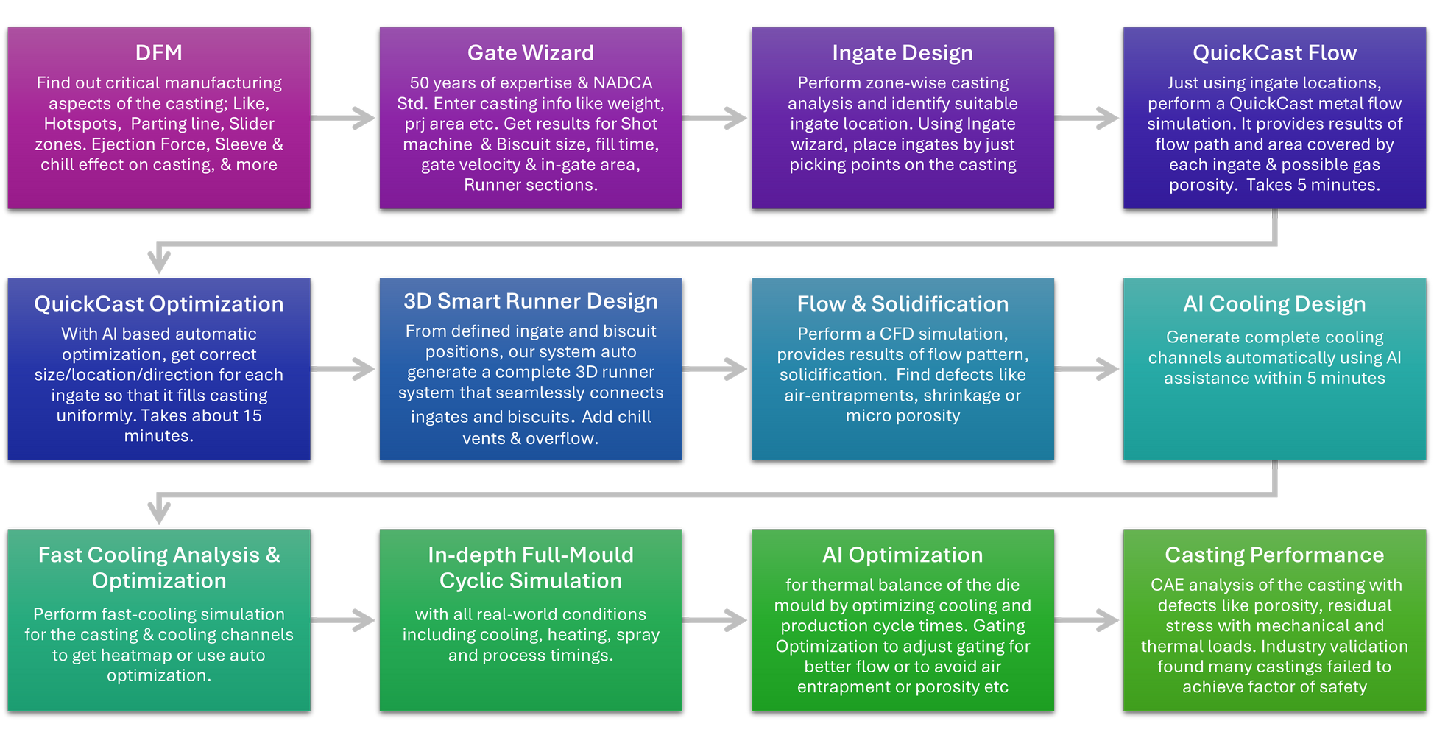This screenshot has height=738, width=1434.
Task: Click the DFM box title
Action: [158, 53]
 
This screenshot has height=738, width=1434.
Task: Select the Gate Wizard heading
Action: [530, 53]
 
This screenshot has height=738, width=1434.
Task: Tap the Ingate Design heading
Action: [902, 53]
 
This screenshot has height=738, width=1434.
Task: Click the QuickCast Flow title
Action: [1274, 53]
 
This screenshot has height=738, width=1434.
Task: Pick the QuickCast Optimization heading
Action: [158, 304]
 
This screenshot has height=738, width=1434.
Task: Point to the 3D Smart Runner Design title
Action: [530, 301]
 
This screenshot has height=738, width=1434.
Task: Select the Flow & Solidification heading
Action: [902, 304]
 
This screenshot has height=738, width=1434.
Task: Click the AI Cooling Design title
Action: [1274, 304]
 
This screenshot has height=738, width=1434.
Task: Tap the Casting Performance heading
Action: [1274, 555]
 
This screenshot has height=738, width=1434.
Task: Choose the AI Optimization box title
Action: [902, 555]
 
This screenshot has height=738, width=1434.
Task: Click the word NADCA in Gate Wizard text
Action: [623, 83]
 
